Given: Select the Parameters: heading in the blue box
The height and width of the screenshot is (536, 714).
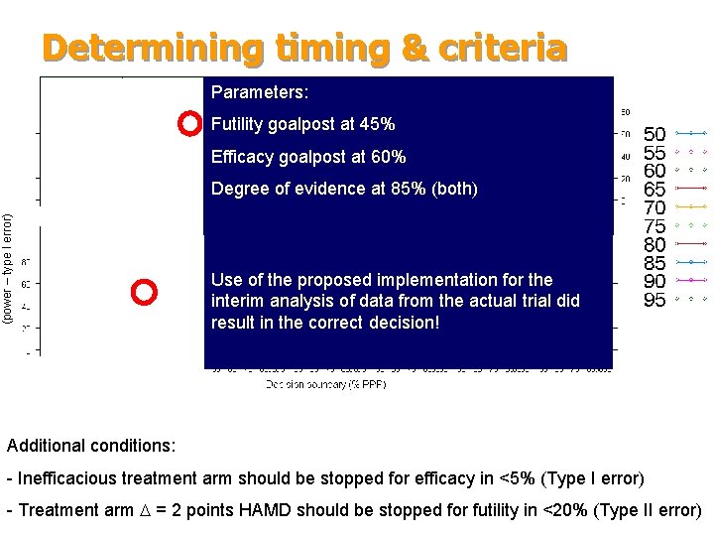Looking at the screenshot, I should tap(260, 92).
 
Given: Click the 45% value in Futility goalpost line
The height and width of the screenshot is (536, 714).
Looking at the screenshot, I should tap(377, 124).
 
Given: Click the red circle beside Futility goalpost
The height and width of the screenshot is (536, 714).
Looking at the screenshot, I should tap(188, 124).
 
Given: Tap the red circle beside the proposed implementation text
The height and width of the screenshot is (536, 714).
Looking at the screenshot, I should tap(144, 292).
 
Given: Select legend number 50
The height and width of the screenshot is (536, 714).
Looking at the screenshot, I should tap(654, 134).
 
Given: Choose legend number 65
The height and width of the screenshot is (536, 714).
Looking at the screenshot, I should tap(654, 190).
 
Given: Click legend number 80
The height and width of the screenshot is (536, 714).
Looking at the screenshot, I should tap(654, 245).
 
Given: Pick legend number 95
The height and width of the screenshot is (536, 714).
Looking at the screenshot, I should tap(654, 300).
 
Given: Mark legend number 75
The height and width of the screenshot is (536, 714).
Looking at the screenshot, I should tap(654, 226).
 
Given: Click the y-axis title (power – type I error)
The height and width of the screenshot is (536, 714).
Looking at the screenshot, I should tap(9, 268).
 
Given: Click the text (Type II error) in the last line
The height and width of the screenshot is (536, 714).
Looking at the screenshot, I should tap(646, 511).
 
